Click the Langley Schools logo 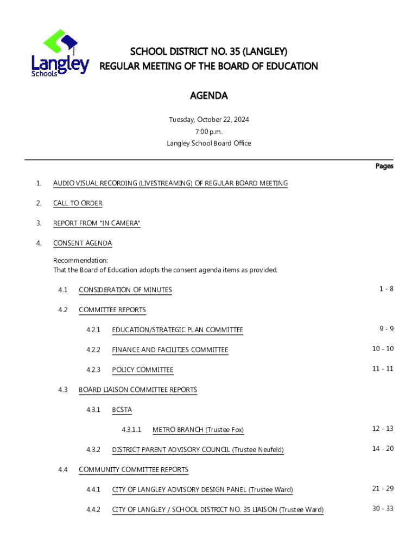click(60, 54)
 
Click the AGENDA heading click(208, 96)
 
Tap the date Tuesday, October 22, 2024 click(208, 120)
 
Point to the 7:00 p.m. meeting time click(208, 132)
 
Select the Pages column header click(384, 166)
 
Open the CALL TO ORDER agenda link click(78, 203)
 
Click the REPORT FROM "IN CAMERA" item click(97, 223)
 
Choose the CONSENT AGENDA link click(83, 243)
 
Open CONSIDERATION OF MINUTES click(125, 290)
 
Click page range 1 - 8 click(386, 289)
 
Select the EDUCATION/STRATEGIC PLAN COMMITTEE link click(178, 330)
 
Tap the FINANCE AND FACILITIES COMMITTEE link click(170, 350)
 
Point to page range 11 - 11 click(383, 369)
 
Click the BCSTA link click(122, 410)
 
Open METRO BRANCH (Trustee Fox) click(198, 430)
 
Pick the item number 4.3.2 click(93, 450)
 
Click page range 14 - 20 click(383, 449)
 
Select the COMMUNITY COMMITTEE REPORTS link click(134, 470)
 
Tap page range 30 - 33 click(383, 508)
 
